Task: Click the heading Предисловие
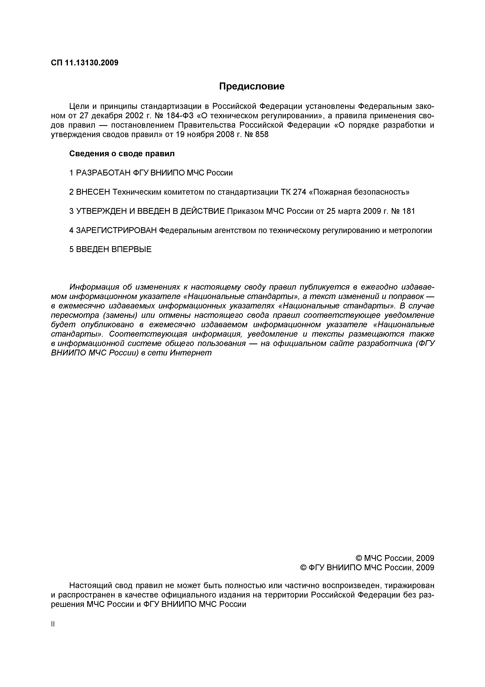252,87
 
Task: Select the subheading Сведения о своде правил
122,154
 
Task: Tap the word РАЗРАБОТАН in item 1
103,173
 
